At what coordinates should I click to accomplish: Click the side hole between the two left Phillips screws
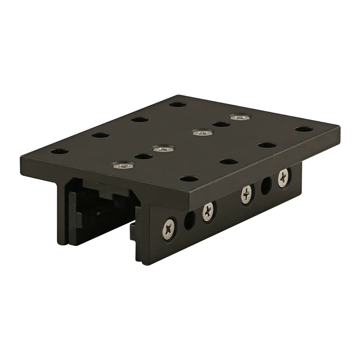(189, 221)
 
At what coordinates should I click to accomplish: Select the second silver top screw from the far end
(201, 132)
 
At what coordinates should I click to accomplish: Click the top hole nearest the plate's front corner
(189, 179)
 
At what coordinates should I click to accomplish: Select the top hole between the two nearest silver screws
(143, 157)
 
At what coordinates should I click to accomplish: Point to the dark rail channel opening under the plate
(101, 209)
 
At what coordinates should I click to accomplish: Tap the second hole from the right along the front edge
(265, 145)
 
